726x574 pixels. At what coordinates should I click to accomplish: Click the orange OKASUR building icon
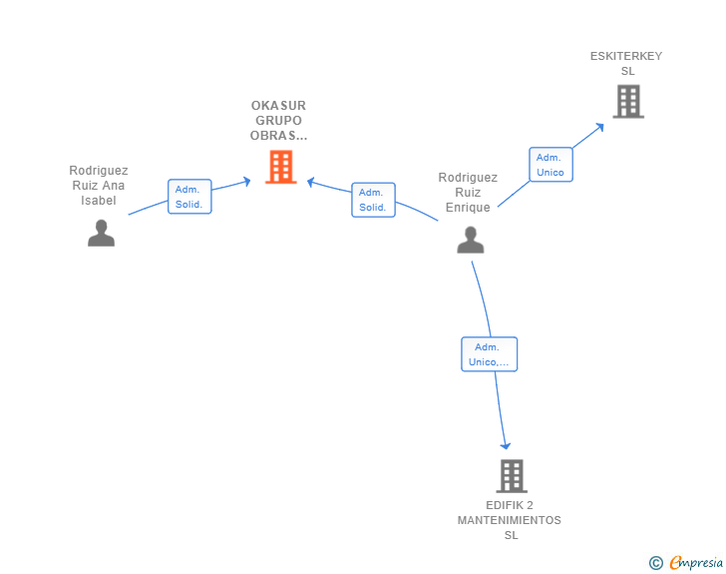click(280, 167)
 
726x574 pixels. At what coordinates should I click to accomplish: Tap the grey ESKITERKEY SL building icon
click(628, 101)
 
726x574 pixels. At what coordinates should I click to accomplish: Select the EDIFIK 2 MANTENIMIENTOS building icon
click(512, 476)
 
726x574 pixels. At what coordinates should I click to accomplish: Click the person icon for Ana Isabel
click(101, 233)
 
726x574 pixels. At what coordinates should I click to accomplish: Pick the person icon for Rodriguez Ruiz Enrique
click(471, 240)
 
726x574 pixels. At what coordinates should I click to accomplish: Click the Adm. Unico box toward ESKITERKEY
click(550, 165)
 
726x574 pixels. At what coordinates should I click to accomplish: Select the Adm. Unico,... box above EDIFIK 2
click(489, 354)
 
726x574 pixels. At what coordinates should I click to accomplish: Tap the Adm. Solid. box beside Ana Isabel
click(189, 197)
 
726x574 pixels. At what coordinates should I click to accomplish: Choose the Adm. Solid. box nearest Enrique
click(373, 200)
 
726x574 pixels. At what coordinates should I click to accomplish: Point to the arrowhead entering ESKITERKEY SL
click(600, 127)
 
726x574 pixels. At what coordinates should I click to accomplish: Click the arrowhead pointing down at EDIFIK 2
click(506, 445)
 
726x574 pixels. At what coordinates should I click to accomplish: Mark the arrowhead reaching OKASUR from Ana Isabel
click(247, 182)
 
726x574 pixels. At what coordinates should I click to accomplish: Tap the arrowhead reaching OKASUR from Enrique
click(311, 182)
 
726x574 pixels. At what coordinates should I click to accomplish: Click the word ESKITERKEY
click(626, 56)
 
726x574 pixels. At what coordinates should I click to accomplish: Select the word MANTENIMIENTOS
click(510, 520)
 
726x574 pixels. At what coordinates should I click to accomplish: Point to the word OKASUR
click(278, 106)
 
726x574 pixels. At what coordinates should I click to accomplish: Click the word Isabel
click(98, 201)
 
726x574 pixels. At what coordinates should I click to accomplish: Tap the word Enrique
click(468, 208)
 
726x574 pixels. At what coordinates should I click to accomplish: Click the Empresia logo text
click(696, 562)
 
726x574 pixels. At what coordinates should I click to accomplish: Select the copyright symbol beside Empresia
click(656, 563)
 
